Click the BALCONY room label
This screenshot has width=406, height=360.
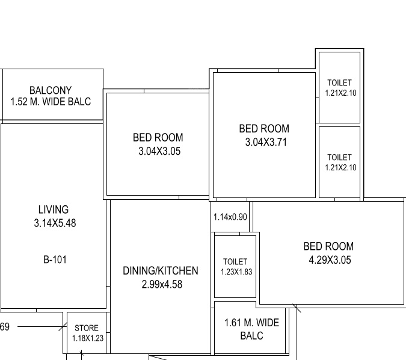tap(51, 90)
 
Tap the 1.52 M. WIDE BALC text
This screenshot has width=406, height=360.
tap(51, 102)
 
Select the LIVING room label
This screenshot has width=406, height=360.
tap(54, 209)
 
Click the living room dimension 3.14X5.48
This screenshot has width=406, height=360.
tap(55, 223)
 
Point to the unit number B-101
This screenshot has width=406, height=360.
tap(55, 260)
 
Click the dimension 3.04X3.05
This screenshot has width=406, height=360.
tap(159, 151)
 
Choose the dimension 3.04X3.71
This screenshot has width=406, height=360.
tap(264, 142)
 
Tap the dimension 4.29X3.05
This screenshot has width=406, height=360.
tap(328, 260)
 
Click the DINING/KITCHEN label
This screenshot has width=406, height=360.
tap(161, 271)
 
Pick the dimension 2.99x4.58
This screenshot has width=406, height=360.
tap(162, 284)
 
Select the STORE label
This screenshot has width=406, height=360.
tap(87, 328)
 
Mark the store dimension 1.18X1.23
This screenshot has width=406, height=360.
tap(88, 338)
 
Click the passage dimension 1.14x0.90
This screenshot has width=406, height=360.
tap(230, 217)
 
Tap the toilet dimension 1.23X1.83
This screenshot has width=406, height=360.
tap(236, 272)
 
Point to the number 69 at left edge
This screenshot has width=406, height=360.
tap(5, 327)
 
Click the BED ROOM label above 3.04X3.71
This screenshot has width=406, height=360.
tap(264, 128)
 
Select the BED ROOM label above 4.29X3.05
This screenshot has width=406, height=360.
tap(328, 246)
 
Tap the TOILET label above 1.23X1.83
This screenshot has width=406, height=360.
tap(235, 261)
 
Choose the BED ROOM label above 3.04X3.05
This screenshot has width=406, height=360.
tap(158, 137)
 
